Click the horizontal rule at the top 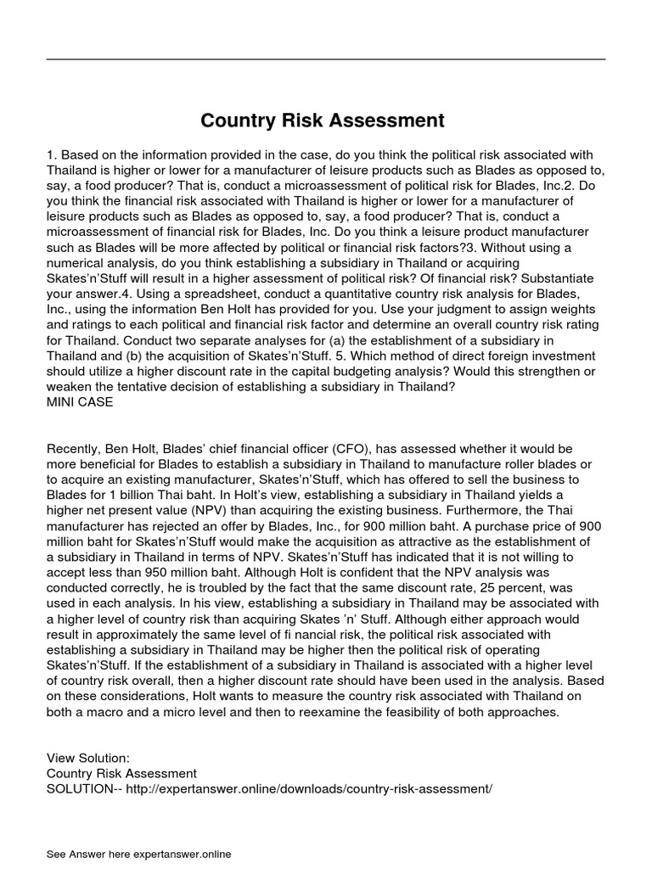click(325, 59)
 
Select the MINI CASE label click(81, 402)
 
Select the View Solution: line click(88, 758)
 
